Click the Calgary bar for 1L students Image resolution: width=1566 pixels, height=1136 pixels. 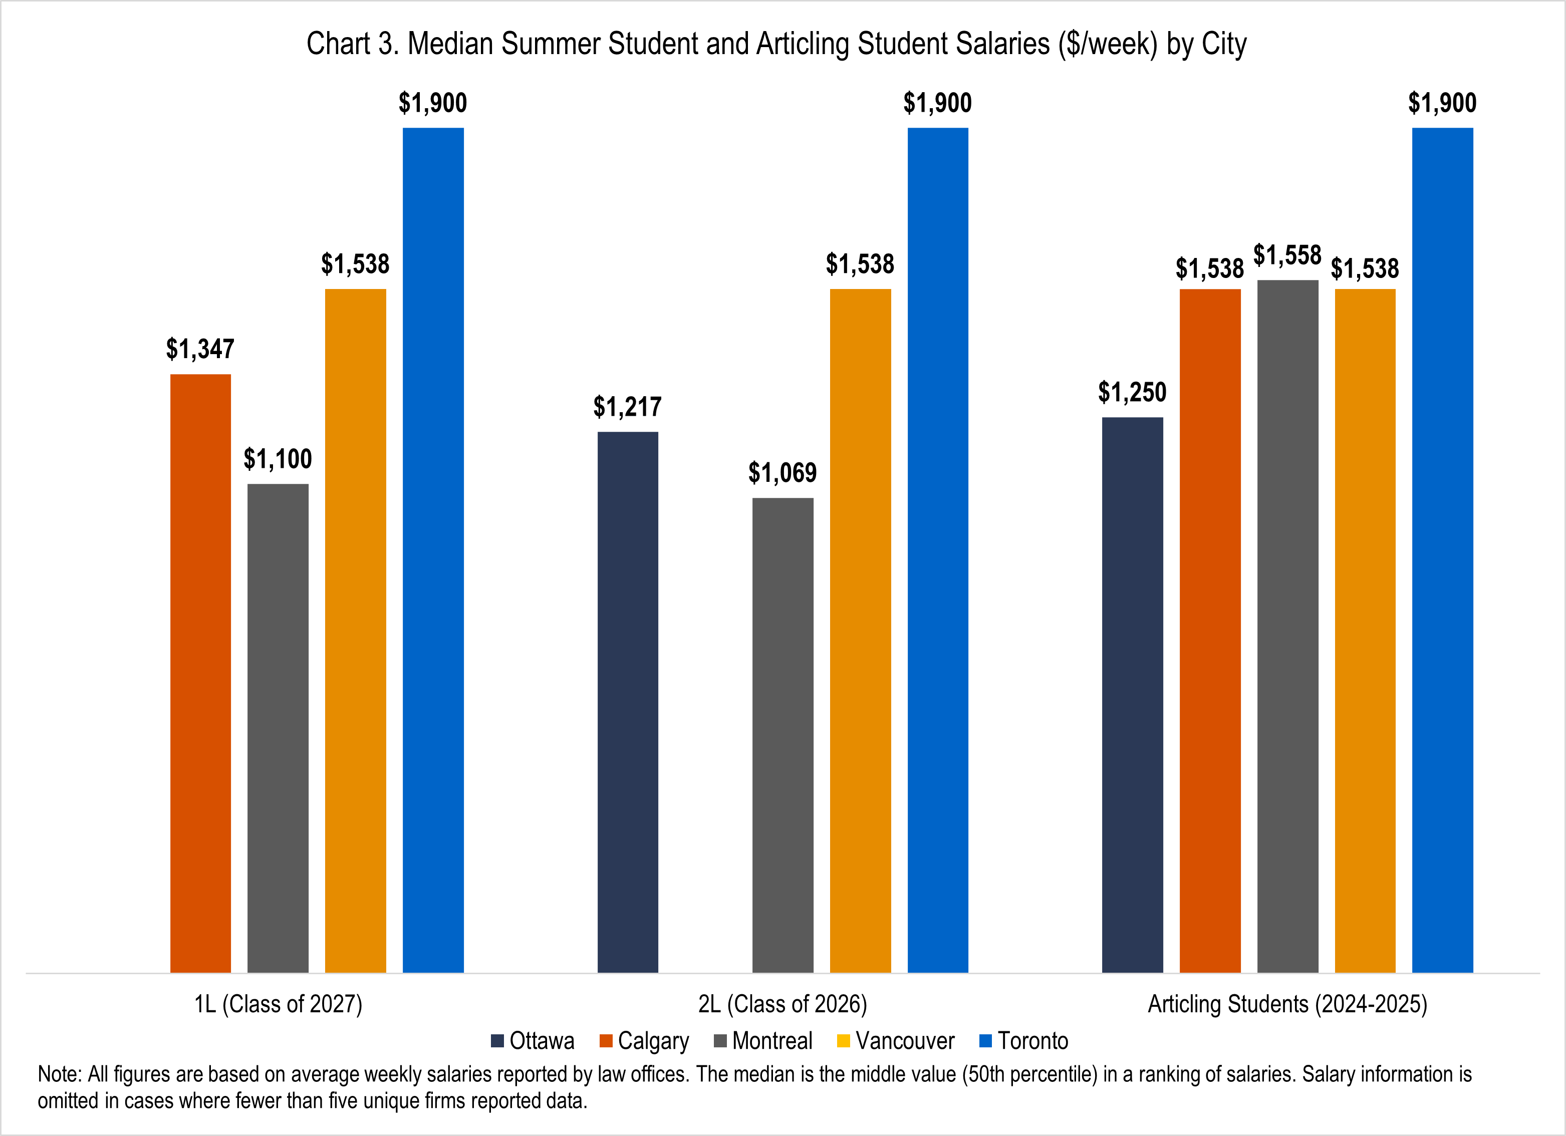click(x=200, y=673)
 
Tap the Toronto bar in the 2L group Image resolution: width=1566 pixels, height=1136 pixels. click(x=938, y=550)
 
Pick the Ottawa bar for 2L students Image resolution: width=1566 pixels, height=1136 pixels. click(x=628, y=702)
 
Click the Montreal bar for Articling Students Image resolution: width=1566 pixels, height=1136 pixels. click(x=1288, y=627)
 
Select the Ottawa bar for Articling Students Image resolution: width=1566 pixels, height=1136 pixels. click(x=1132, y=695)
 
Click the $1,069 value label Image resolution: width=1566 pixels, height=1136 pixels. click(x=782, y=473)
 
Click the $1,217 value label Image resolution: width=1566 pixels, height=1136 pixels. click(x=628, y=407)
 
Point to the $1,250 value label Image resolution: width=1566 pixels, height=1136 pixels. click(x=1132, y=393)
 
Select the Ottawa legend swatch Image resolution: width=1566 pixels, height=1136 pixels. click(x=497, y=1041)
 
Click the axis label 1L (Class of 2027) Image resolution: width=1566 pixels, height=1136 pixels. click(x=278, y=1004)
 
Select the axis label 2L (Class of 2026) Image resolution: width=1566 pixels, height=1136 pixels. click(x=782, y=1004)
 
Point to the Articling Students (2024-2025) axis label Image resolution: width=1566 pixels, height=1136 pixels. click(x=1287, y=1004)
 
